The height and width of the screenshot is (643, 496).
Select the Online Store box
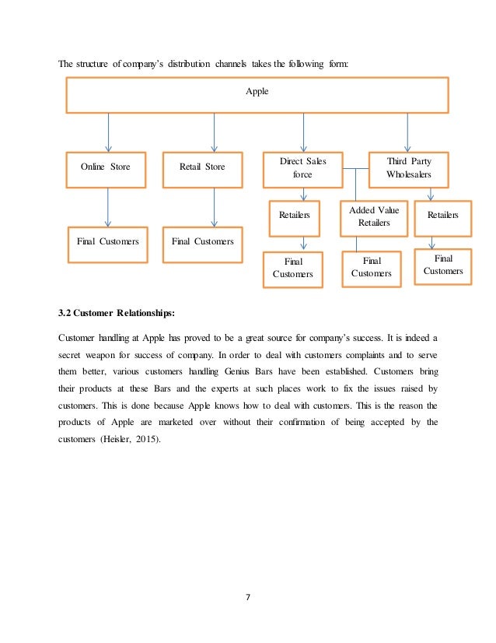click(106, 167)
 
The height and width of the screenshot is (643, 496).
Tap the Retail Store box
click(202, 167)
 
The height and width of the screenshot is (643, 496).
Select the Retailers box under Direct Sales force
click(295, 216)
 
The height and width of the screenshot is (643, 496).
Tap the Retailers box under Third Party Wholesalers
click(443, 216)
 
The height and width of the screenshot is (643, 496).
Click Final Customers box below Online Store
click(107, 242)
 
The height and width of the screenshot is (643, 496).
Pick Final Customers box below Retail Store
click(202, 242)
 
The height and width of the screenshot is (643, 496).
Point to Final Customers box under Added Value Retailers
click(371, 268)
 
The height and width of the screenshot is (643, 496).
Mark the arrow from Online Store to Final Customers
click(108, 206)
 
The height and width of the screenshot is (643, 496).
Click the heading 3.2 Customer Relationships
click(117, 314)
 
